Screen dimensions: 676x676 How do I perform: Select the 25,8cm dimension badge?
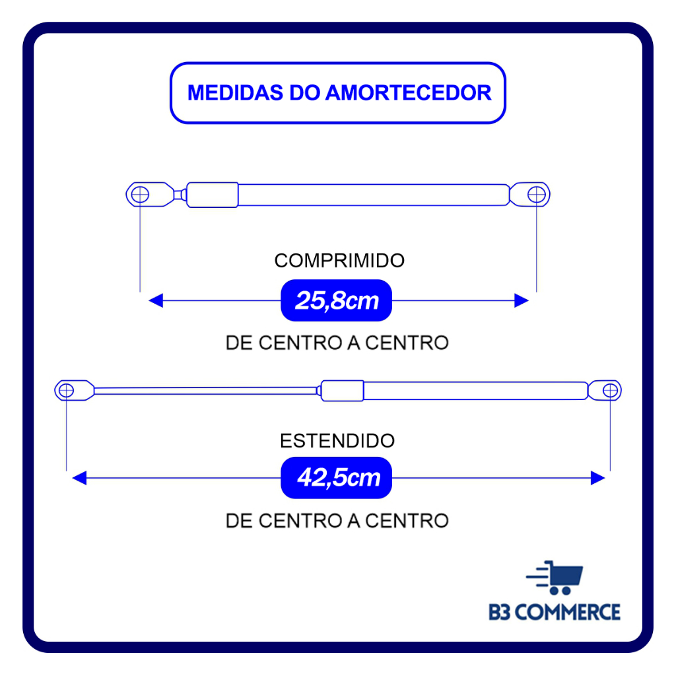[x=337, y=301]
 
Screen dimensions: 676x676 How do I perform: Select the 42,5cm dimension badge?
[x=337, y=478]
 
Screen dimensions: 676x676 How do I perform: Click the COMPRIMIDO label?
[x=339, y=261]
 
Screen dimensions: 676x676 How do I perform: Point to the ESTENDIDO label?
[x=337, y=440]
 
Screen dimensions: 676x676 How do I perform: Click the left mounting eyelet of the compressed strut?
[x=139, y=195]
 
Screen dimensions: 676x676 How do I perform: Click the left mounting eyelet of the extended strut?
[x=67, y=390]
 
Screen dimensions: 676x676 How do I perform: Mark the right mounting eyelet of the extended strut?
[x=609, y=390]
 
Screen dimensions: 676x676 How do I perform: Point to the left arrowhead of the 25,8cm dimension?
[x=156, y=301]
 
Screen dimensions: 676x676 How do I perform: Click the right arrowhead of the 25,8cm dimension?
[x=522, y=301]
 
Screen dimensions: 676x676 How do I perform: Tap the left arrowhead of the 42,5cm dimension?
[x=79, y=478]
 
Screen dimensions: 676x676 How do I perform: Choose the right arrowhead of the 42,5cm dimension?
[x=598, y=478]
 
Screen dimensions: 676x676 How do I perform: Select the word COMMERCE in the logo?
[x=567, y=612]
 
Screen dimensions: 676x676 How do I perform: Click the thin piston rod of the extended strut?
[x=205, y=391]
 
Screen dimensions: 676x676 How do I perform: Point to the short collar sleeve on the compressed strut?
[x=213, y=195]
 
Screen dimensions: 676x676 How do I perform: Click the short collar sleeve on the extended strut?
[x=342, y=391]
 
